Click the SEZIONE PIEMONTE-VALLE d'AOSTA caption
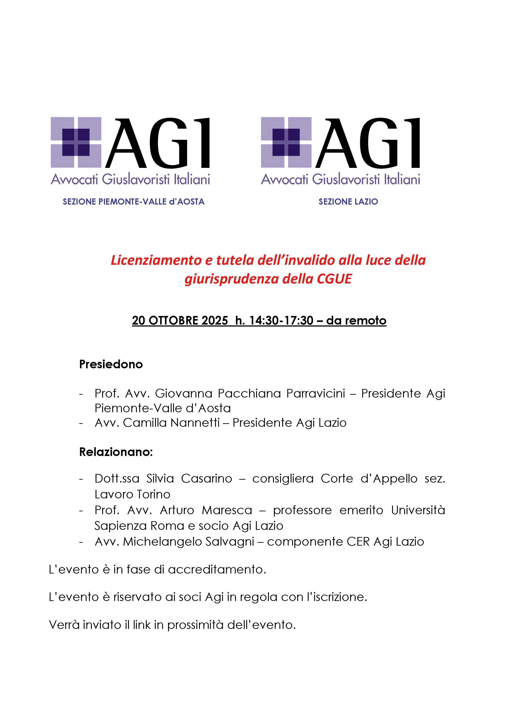(134, 202)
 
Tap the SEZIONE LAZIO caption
(348, 202)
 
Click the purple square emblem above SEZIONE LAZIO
(286, 142)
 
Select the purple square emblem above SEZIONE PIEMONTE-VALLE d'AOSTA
(76, 142)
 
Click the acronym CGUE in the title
(334, 279)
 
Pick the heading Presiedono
(111, 364)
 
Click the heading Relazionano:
(116, 452)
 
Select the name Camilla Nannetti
(171, 423)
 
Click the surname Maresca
(227, 510)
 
